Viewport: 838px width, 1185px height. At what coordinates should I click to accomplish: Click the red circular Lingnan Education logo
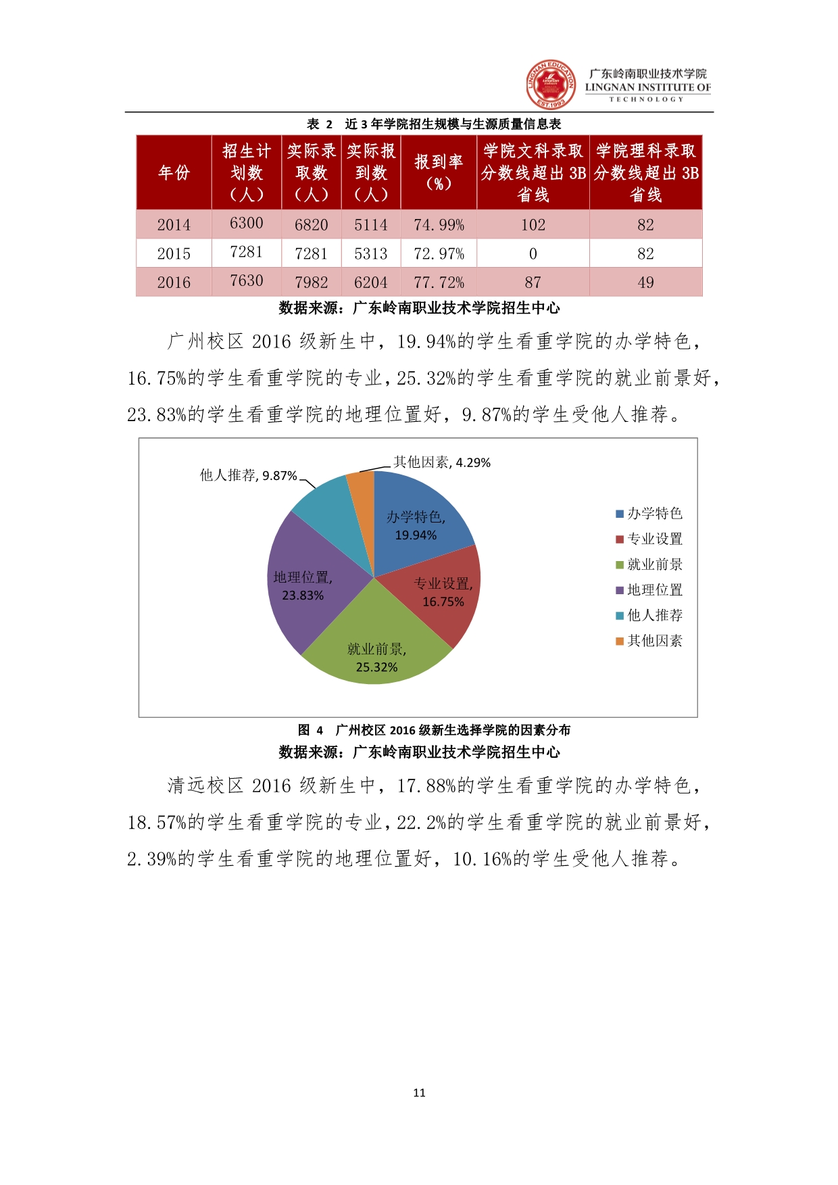point(551,84)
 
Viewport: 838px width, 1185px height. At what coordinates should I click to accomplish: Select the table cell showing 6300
point(246,223)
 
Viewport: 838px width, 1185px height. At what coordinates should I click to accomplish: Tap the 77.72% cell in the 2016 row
point(439,283)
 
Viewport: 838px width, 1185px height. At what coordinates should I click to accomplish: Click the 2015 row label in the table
point(174,253)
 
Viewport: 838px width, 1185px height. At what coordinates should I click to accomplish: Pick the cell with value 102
point(533,224)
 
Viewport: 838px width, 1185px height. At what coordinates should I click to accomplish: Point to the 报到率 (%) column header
point(439,172)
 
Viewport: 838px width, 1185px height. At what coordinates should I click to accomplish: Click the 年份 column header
point(174,172)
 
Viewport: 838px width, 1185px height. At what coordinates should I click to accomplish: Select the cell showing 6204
point(370,283)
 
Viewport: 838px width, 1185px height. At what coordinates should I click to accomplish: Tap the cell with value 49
point(645,283)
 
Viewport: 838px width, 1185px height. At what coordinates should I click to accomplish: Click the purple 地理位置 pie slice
point(304,581)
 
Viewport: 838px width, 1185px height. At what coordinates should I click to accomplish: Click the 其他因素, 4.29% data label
point(442,462)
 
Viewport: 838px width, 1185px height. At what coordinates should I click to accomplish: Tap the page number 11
point(419,1092)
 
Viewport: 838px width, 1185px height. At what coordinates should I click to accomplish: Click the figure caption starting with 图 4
point(434,730)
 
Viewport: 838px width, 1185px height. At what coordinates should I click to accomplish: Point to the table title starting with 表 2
point(434,124)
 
